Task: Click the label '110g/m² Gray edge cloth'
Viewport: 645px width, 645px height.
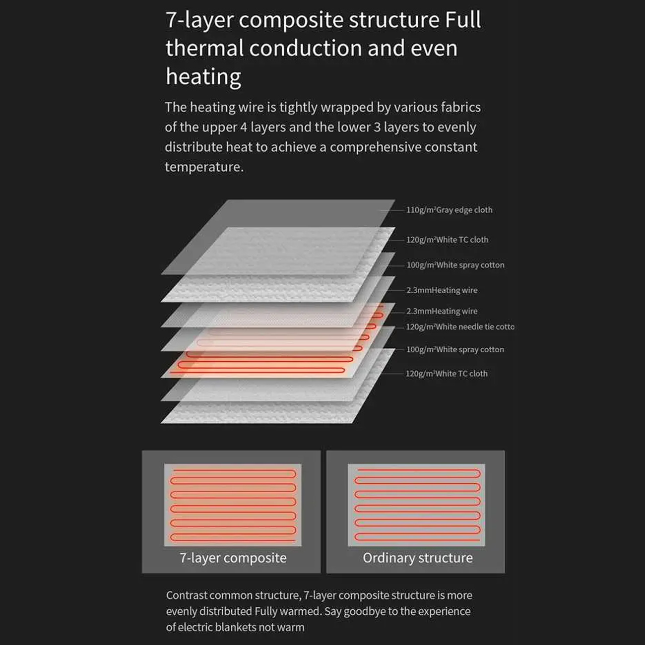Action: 449,210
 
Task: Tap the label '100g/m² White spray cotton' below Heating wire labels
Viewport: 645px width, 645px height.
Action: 455,349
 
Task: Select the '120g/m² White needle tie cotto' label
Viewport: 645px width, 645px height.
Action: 460,326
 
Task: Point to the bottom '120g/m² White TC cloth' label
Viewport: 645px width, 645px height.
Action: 447,374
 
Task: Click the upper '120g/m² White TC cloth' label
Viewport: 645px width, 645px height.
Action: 447,240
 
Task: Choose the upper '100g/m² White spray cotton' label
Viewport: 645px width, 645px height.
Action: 455,265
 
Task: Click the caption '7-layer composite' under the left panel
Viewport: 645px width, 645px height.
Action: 233,558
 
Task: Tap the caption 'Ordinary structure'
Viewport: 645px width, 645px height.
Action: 417,558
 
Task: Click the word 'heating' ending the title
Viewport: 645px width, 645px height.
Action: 203,77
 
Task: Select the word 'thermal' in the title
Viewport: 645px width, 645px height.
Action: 204,49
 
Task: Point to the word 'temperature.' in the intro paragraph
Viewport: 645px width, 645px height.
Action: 204,167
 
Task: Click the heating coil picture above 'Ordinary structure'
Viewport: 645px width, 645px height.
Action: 417,505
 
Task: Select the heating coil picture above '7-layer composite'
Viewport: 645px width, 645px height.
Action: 233,505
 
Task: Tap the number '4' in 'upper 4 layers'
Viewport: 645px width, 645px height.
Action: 243,128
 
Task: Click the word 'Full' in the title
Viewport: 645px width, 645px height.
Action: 462,20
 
